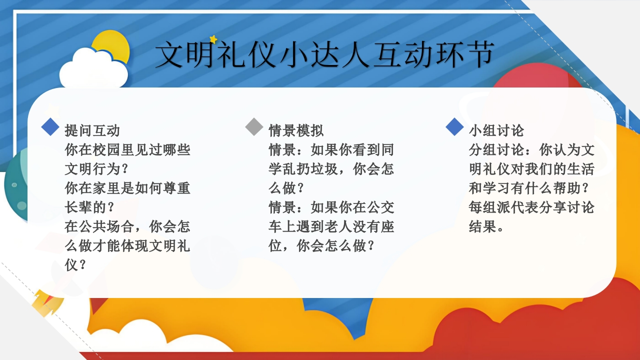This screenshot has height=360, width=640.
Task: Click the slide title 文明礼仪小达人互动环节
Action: click(324, 54)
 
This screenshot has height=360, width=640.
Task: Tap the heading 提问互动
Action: click(92, 130)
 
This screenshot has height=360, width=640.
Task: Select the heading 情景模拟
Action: click(296, 130)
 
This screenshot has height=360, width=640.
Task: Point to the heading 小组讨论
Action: click(496, 130)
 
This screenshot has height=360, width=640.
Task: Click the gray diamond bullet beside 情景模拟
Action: click(254, 126)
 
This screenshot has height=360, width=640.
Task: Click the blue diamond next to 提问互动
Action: click(50, 126)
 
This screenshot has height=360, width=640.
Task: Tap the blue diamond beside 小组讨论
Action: click(454, 126)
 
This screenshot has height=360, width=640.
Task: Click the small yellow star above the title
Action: click(213, 39)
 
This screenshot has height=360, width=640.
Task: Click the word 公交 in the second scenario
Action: click(380, 207)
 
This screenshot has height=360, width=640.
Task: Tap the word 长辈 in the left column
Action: click(78, 207)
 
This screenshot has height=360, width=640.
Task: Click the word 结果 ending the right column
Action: click(482, 226)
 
